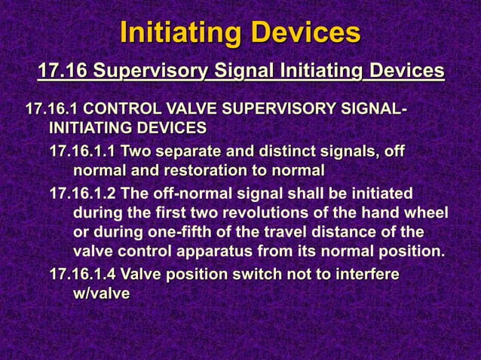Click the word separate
point(188,152)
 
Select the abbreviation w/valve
point(101,293)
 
